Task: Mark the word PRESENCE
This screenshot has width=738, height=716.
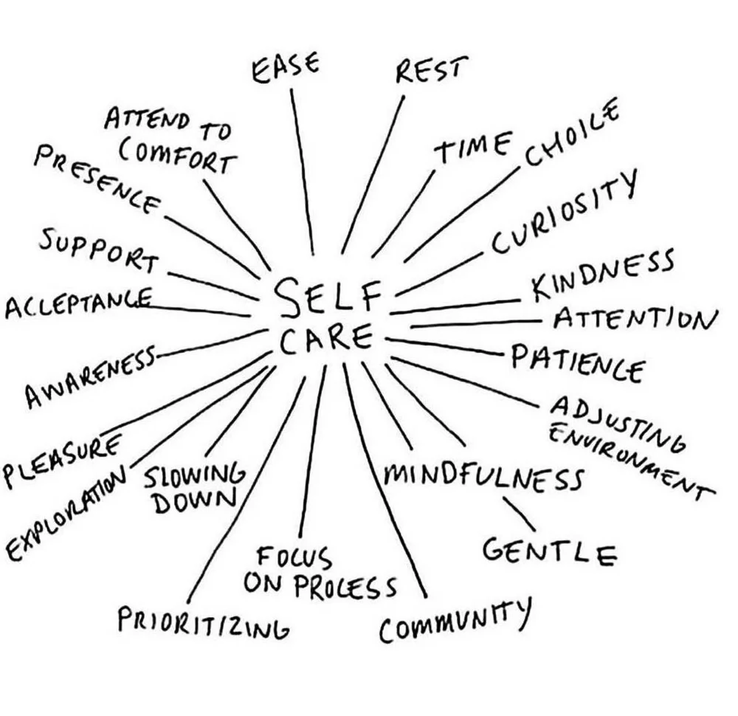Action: (96, 177)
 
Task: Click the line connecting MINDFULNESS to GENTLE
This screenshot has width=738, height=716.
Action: (519, 512)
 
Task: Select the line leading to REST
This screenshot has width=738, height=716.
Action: (373, 173)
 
